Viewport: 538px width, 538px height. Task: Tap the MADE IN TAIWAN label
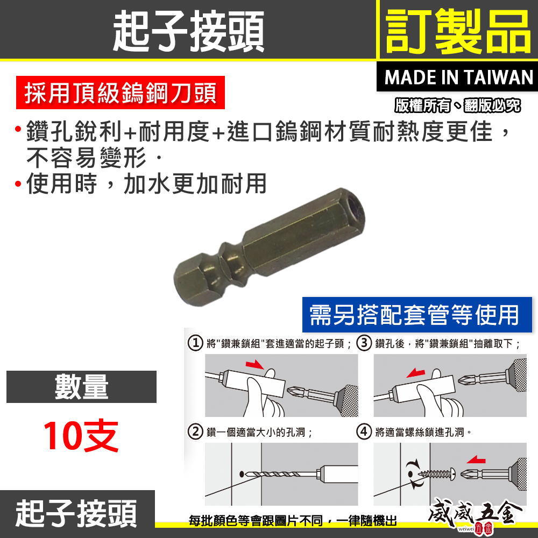(459, 77)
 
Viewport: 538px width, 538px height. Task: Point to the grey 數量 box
(81, 387)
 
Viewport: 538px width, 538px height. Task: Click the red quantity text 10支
(81, 436)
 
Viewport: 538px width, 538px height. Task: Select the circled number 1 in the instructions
(195, 343)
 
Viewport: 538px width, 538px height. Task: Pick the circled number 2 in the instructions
(195, 431)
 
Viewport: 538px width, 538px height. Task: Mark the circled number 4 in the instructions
(364, 431)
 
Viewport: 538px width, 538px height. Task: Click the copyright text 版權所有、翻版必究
(457, 106)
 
